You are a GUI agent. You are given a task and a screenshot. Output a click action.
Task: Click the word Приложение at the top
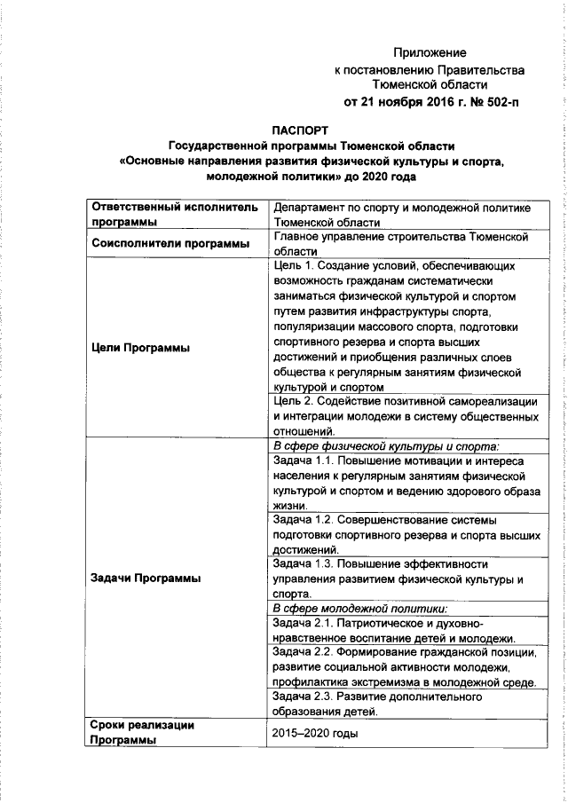[430, 53]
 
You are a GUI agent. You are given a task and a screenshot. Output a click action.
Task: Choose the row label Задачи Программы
[146, 578]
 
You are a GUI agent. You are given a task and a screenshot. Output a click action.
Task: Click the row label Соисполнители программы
[162, 245]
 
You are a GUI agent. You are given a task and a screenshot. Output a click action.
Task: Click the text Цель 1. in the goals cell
[296, 265]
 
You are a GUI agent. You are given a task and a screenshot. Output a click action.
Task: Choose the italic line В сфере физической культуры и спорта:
[386, 445]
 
